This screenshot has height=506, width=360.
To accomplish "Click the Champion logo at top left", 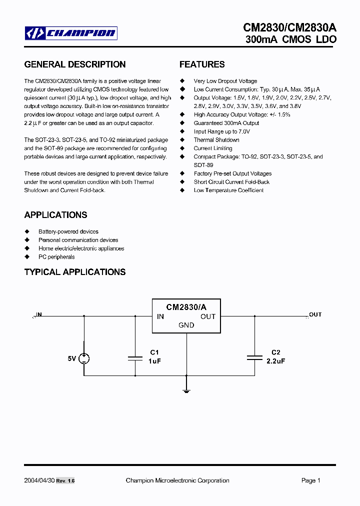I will pyautogui.click(x=71, y=33).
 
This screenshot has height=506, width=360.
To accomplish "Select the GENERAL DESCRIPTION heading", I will pyautogui.click(x=75, y=64).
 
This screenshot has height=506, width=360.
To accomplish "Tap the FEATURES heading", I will pyautogui.click(x=202, y=64).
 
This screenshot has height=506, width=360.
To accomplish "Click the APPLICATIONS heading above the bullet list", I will pyautogui.click(x=55, y=215).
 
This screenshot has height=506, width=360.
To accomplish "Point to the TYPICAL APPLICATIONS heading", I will pyautogui.click(x=75, y=272).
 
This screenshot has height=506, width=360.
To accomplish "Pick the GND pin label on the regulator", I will pyautogui.click(x=186, y=325).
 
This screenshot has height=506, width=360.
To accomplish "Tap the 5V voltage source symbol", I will pyautogui.click(x=84, y=358).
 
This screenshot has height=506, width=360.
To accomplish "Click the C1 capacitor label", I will pyautogui.click(x=154, y=352).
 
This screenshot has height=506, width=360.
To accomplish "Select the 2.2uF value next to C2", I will pyautogui.click(x=275, y=360).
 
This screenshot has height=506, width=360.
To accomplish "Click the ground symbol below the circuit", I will pyautogui.click(x=186, y=389).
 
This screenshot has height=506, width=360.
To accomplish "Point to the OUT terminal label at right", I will pyautogui.click(x=315, y=314).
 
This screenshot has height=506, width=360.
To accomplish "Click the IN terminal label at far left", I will pyautogui.click(x=39, y=314).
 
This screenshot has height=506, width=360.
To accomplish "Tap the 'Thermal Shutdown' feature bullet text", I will pyautogui.click(x=216, y=140).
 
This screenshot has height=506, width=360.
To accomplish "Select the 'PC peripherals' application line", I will pyautogui.click(x=56, y=257).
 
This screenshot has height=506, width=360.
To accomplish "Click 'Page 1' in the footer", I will pyautogui.click(x=310, y=480).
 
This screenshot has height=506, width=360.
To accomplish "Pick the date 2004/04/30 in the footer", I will pyautogui.click(x=38, y=480).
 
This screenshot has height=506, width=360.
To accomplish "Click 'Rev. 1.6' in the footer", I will pyautogui.click(x=65, y=481).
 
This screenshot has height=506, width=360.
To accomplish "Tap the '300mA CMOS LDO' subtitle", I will pyautogui.click(x=291, y=39).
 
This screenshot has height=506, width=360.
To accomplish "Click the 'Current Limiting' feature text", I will pyautogui.click(x=213, y=148).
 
